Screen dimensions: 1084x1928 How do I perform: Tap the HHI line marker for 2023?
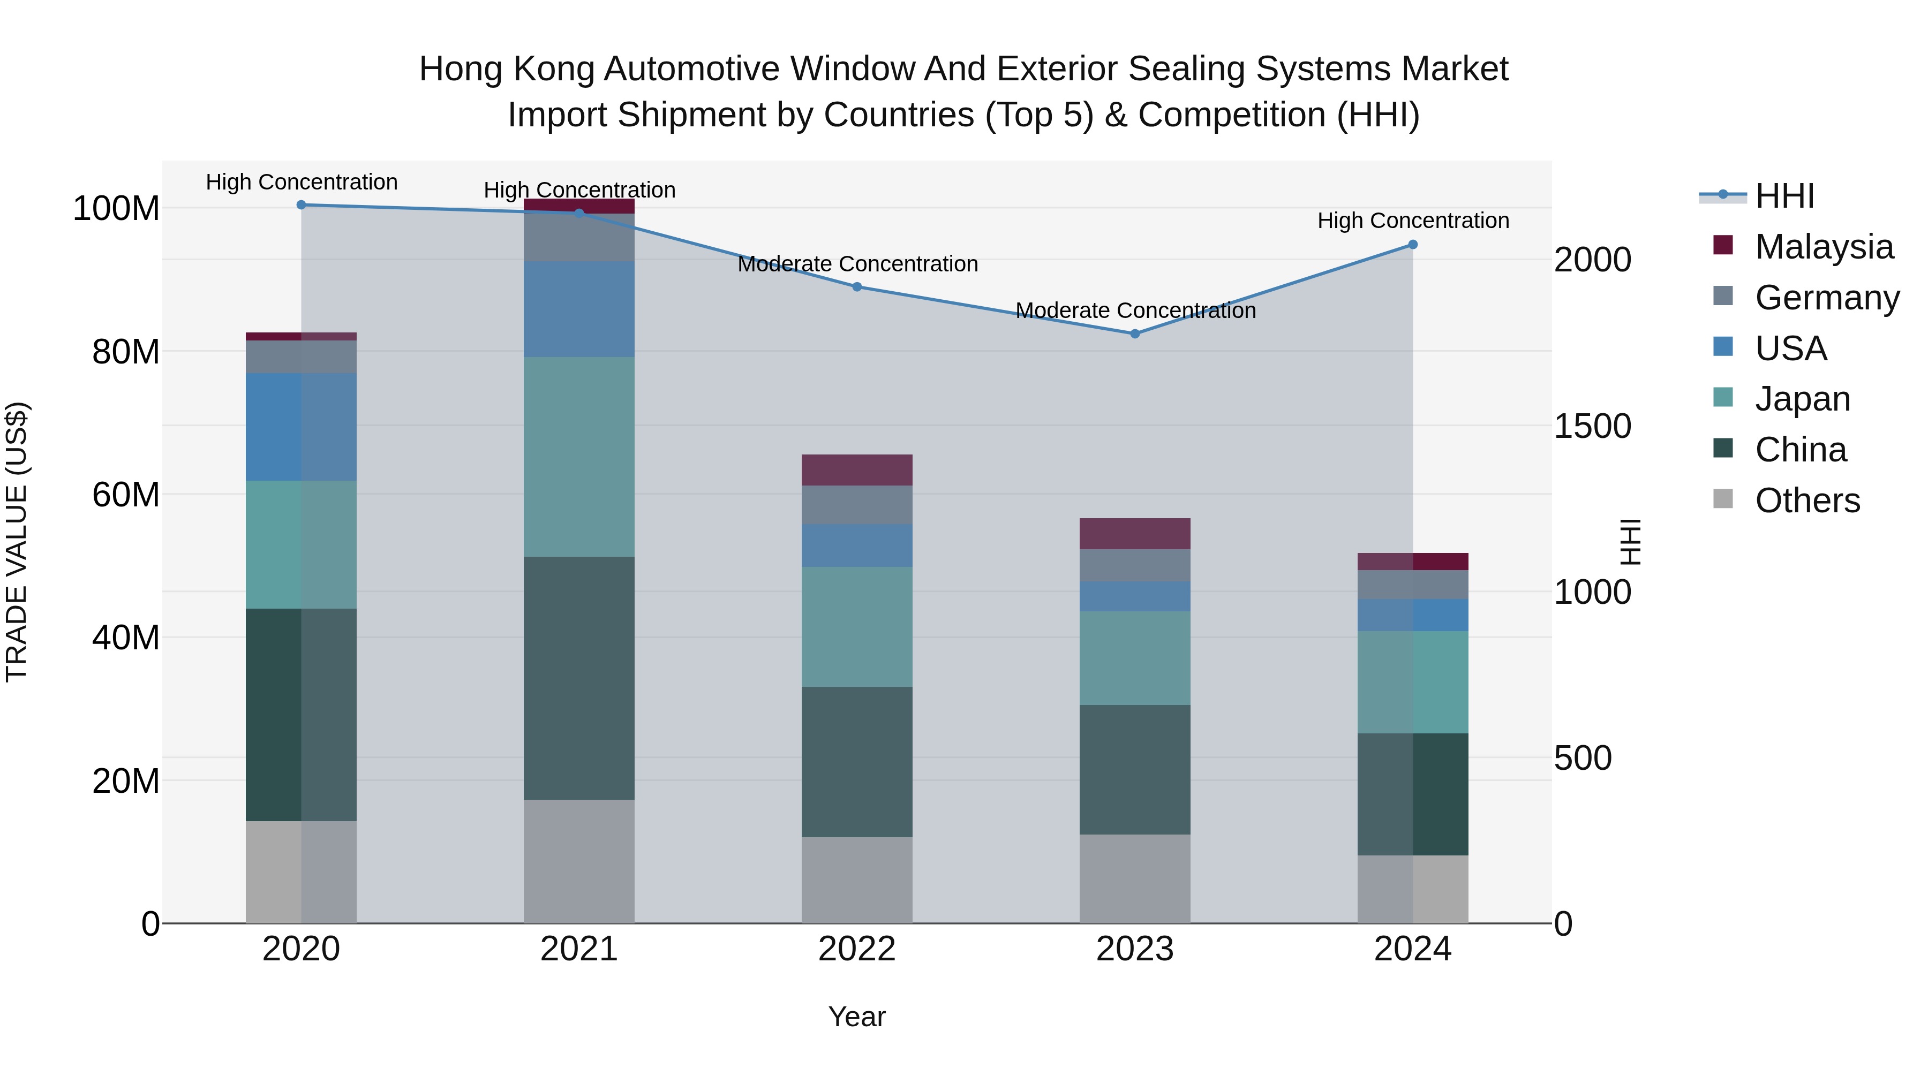click(1135, 333)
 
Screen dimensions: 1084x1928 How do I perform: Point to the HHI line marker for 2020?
click(301, 205)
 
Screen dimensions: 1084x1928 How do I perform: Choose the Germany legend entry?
click(1826, 298)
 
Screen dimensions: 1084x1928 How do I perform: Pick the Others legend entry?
click(1807, 501)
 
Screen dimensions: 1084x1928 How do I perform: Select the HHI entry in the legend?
click(1784, 196)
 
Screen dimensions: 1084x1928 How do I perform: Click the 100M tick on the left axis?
click(116, 209)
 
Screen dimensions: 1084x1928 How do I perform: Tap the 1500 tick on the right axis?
click(1592, 427)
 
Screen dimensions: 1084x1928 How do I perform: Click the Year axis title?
click(856, 1017)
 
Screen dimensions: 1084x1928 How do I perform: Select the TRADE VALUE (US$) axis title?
click(17, 542)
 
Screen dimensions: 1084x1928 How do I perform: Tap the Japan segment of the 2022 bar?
click(856, 627)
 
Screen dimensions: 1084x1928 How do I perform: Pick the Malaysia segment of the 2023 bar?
click(1135, 533)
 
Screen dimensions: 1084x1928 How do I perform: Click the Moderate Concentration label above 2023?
click(1135, 310)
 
